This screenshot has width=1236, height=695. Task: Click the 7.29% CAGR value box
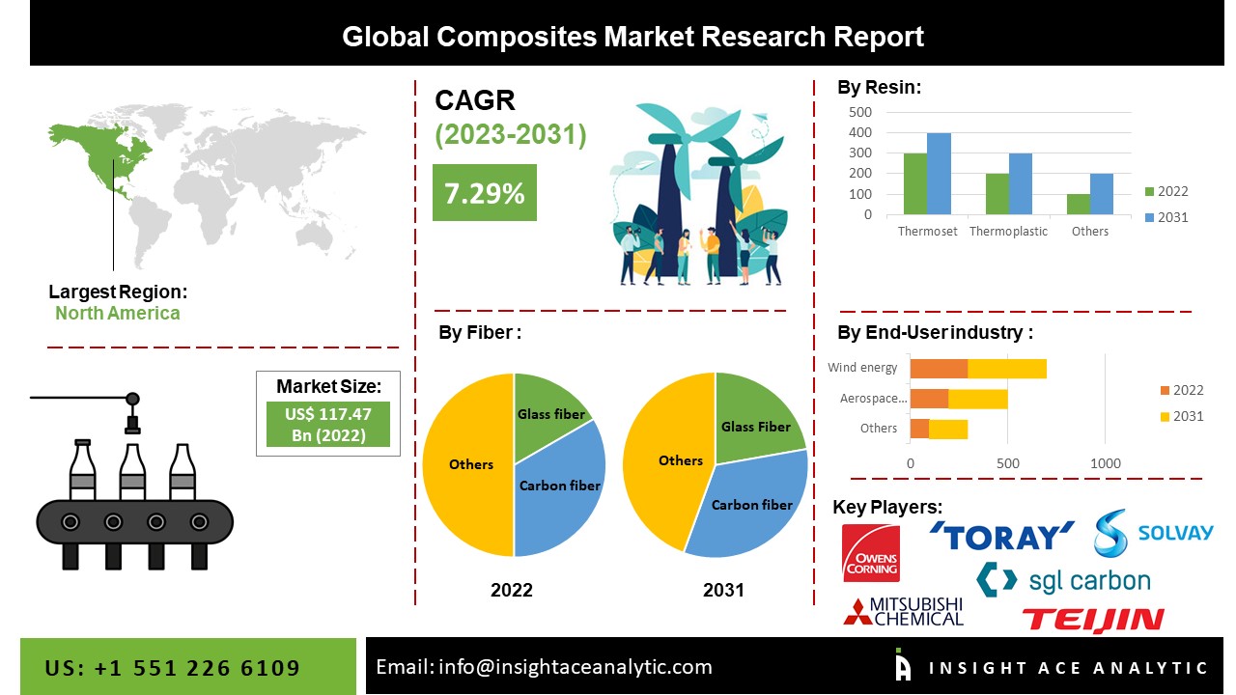484,193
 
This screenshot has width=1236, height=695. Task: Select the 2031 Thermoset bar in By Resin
939,174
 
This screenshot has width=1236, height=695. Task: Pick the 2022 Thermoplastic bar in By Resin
997,194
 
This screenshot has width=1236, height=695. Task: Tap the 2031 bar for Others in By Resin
1101,194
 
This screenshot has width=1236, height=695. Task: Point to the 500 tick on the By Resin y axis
860,111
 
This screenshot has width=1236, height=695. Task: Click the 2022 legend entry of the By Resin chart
1166,191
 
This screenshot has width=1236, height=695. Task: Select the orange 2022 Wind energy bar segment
939,368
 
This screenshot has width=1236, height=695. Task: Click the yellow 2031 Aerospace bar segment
978,399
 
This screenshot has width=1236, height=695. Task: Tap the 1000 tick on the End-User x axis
1106,463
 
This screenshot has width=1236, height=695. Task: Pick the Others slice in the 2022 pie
470,464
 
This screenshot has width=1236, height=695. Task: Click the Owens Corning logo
870,553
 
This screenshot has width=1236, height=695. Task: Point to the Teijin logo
1092,620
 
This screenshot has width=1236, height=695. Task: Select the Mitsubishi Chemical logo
904,611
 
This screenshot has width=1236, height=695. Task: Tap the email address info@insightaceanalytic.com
544,667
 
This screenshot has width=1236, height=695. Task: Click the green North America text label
117,313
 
